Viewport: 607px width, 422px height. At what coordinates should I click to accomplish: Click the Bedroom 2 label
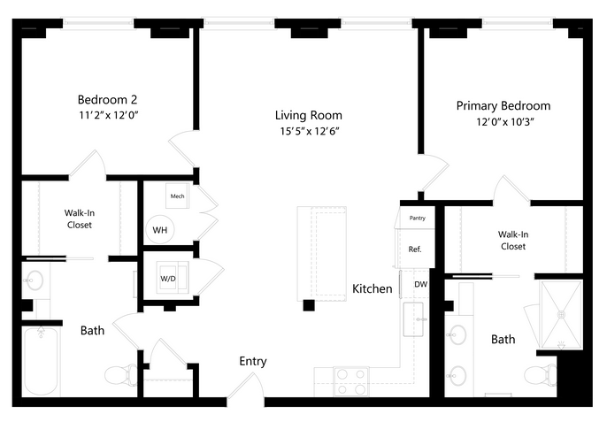[x=107, y=100]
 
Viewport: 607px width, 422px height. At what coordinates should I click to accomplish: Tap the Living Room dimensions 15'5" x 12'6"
[x=310, y=132]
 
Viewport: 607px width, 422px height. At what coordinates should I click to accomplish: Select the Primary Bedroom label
[x=503, y=106]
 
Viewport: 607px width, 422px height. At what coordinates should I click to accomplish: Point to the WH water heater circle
[x=160, y=230]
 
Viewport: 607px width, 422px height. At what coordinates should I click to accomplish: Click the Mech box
[x=177, y=196]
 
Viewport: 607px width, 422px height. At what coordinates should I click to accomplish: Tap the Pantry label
[x=418, y=218]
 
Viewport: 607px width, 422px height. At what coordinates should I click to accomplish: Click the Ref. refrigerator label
[x=415, y=249]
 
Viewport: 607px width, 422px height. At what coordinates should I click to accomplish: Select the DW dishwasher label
[x=421, y=284]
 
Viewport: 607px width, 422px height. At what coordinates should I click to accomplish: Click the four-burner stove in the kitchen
[x=351, y=381]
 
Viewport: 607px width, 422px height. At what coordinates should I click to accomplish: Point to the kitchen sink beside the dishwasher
[x=413, y=319]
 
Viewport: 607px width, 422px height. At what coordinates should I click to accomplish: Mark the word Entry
[x=253, y=361]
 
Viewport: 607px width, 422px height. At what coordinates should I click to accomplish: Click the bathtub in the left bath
[x=42, y=361]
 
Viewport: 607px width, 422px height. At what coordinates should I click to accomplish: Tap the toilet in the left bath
[x=120, y=375]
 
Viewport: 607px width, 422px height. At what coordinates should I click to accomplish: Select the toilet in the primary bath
[x=540, y=375]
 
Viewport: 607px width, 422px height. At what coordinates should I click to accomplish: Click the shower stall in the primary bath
[x=561, y=315]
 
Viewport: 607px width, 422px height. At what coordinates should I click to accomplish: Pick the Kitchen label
[x=372, y=288]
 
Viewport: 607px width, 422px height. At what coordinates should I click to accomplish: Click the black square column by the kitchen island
[x=309, y=305]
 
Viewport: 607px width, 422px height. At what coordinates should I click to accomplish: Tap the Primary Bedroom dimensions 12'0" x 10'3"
[x=505, y=122]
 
